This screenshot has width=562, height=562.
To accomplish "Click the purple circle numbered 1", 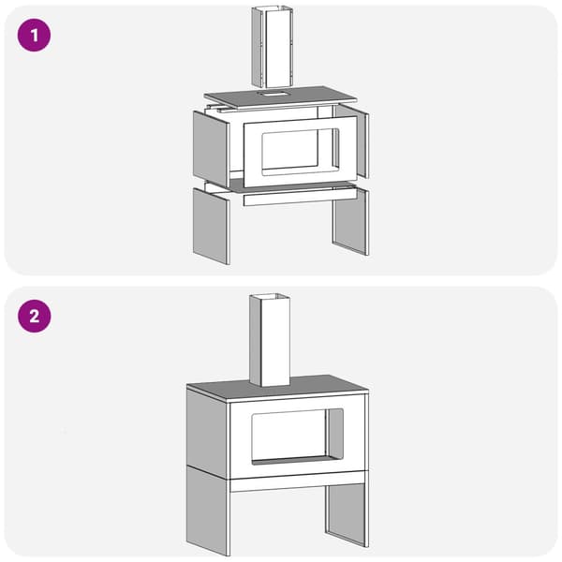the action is pos(34,36).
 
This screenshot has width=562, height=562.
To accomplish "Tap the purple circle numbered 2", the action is pos(34,317).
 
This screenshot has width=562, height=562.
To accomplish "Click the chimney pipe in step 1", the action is pos(273,47).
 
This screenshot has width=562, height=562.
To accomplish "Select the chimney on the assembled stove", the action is pos(270,341).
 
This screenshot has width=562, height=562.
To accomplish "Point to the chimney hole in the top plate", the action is pos(273,94).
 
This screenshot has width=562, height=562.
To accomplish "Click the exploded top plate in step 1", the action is pos(281,96).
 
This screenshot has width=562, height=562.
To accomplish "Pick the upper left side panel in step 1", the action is pos(211,149).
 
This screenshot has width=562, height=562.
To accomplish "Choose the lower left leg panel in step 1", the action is pos(211,227).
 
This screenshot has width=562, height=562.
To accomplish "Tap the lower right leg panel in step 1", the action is pos(350,222).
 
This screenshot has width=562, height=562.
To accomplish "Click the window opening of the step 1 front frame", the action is pos(300,152).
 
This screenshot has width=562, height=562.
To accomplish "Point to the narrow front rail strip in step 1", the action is pos(300,198).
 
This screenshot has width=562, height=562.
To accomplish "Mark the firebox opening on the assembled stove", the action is pos(297,436).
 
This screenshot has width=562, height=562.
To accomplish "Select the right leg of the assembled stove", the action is pos(347,513).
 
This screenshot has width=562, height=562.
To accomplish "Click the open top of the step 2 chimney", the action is pos(270,297).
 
